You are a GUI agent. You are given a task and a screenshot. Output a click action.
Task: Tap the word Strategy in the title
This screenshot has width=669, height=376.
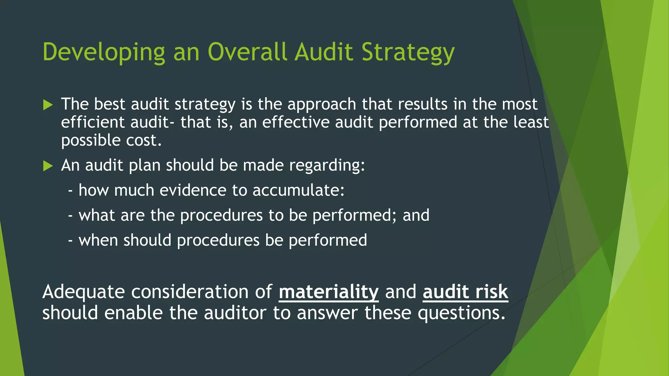(x=408, y=52)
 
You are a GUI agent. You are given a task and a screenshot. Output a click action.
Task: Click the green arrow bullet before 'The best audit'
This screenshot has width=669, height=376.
(x=48, y=105)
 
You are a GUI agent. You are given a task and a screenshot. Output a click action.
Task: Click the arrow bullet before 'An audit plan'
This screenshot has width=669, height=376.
(x=48, y=166)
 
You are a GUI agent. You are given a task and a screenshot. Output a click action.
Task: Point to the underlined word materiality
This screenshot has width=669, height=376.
(x=329, y=292)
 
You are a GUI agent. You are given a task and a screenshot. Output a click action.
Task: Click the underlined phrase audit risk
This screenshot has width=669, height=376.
(x=465, y=292)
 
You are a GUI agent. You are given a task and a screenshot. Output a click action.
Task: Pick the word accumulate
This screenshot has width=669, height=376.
(x=298, y=190)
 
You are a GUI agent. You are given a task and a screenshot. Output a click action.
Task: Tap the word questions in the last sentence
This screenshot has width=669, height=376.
(x=462, y=313)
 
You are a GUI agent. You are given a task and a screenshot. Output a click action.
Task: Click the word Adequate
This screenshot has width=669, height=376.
(x=84, y=292)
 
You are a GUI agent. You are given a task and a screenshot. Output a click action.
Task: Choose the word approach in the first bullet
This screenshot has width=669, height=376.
(x=322, y=105)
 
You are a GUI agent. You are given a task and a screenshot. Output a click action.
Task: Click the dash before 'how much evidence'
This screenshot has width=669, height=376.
(x=70, y=191)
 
